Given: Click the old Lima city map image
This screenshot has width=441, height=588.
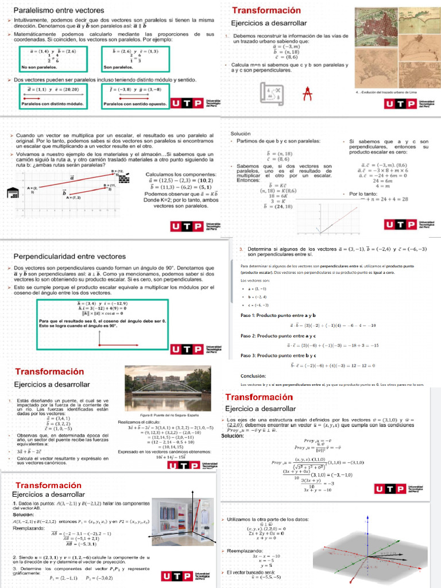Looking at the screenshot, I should [x=393, y=47].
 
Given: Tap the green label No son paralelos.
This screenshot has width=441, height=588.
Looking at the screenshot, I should [x=34, y=67].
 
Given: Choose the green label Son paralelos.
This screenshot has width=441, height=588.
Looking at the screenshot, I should [x=118, y=67].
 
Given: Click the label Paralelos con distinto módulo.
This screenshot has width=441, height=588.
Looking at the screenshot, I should [x=50, y=104].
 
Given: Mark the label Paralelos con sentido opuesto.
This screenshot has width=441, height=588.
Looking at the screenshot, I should [x=134, y=104].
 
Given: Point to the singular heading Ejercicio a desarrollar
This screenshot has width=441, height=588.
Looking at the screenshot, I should [x=260, y=409].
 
